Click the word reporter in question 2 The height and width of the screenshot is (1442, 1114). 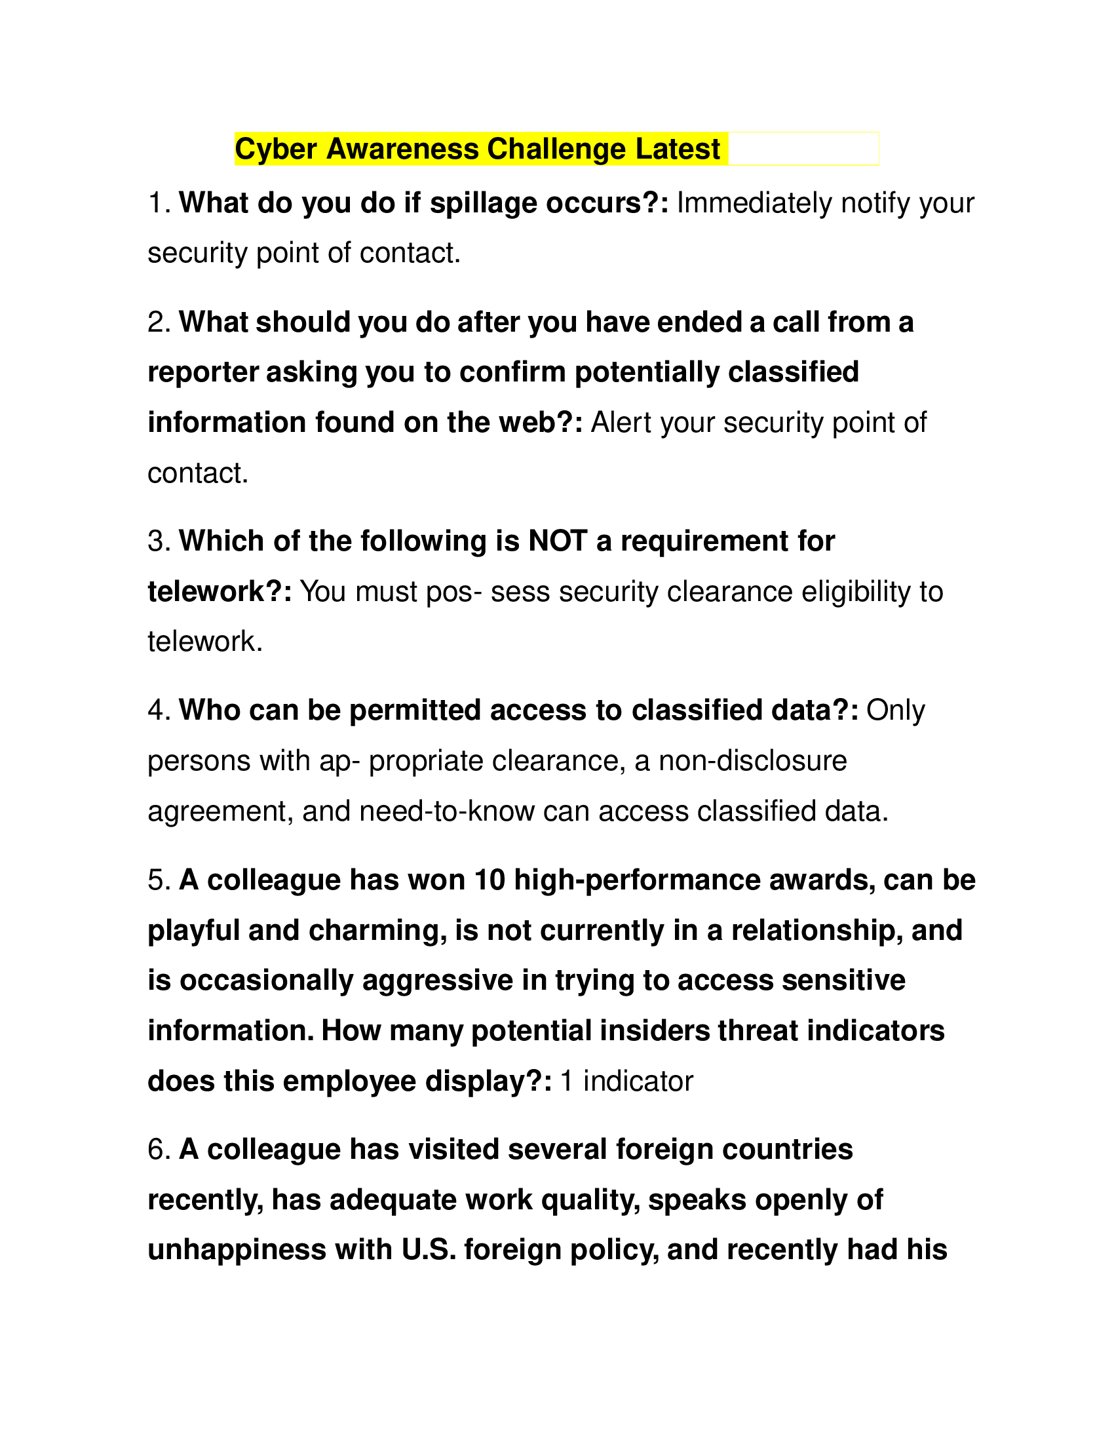pyautogui.click(x=202, y=372)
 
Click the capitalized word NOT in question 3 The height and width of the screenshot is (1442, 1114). pyautogui.click(x=558, y=541)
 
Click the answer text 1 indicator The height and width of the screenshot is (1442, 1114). pyautogui.click(x=626, y=1081)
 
